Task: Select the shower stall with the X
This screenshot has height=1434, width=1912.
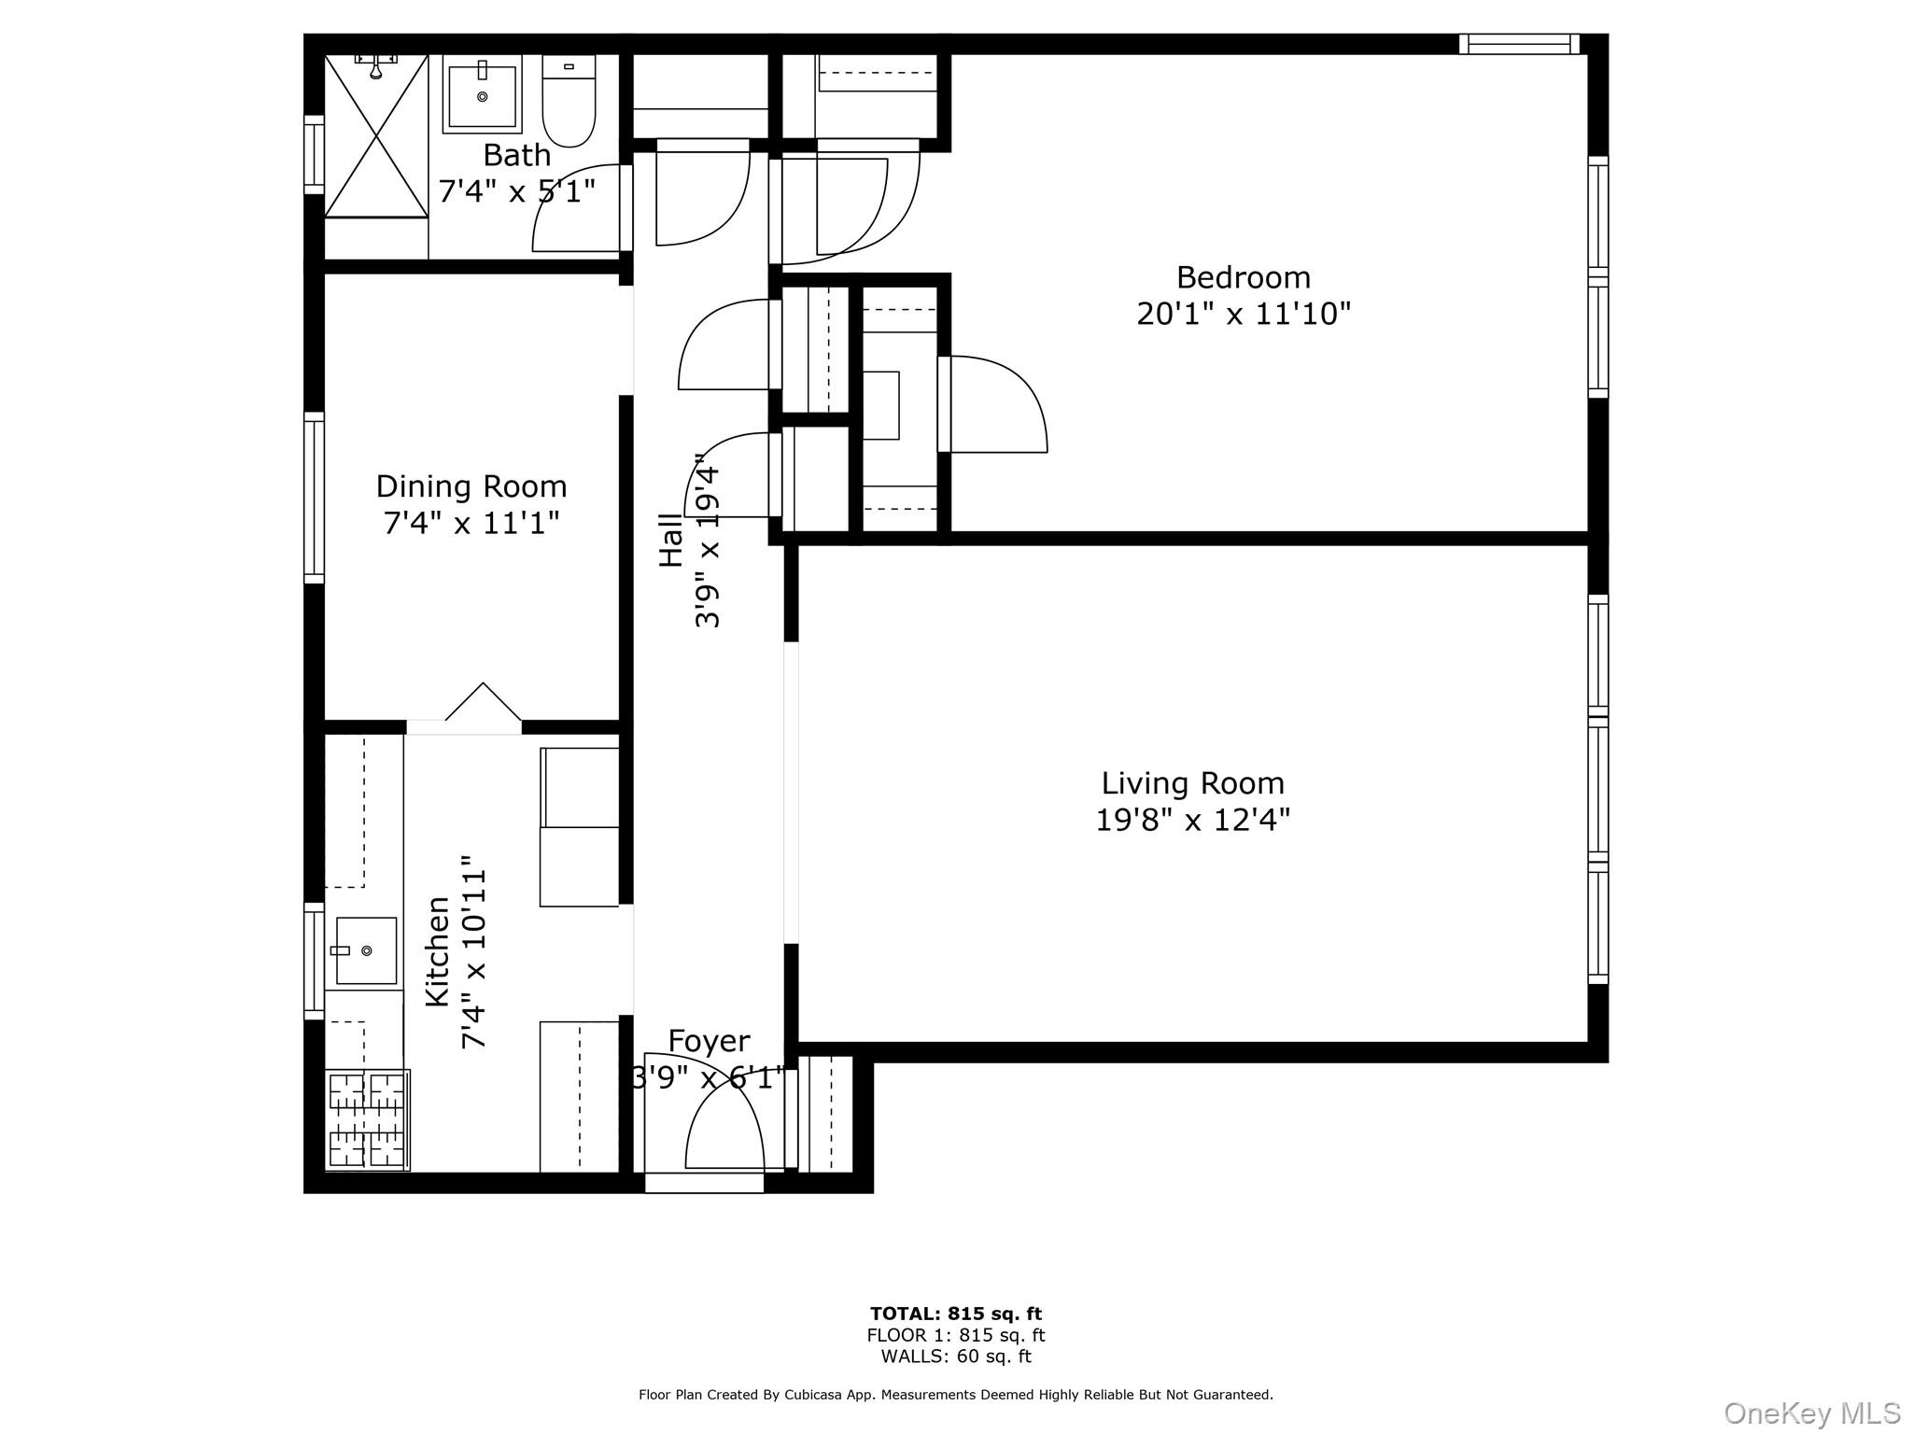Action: (376, 135)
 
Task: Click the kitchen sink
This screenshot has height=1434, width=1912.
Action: (366, 950)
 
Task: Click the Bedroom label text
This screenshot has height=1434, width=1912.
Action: (1243, 277)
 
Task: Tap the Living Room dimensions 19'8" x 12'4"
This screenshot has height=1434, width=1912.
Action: (1192, 820)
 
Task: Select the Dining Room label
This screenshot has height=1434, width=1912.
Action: (471, 486)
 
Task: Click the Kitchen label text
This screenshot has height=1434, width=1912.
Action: (438, 951)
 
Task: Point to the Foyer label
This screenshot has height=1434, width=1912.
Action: (710, 1041)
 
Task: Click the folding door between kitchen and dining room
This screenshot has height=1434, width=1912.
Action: (483, 704)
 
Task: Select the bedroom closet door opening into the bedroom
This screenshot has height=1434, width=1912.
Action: (997, 403)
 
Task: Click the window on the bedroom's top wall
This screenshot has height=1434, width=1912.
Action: (1519, 44)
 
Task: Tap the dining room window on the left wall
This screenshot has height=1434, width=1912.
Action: (315, 498)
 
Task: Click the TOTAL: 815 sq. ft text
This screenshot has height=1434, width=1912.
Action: (955, 1314)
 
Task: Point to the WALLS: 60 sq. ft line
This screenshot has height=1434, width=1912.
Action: (955, 1357)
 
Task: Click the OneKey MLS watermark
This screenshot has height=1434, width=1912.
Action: (1811, 1413)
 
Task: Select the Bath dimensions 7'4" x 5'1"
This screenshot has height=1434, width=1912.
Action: (516, 191)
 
